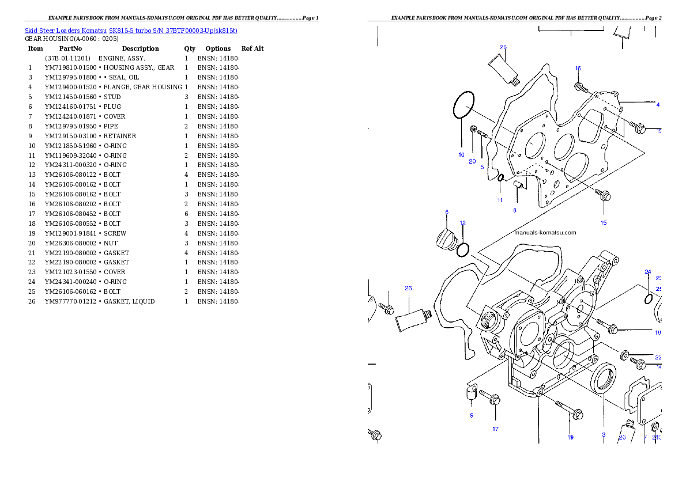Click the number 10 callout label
click(x=461, y=155)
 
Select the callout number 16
click(x=578, y=69)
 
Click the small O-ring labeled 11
click(x=501, y=177)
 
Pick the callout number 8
click(x=515, y=210)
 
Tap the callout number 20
click(x=472, y=162)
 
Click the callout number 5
click(x=482, y=166)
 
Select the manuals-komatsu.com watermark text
click(x=545, y=233)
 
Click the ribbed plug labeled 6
click(x=446, y=238)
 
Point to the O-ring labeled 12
click(x=462, y=249)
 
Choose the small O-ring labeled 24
click(x=648, y=299)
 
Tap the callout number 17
click(x=495, y=429)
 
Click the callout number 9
click(x=471, y=415)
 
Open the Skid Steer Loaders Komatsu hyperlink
click(x=131, y=31)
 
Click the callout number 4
click(x=658, y=105)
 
